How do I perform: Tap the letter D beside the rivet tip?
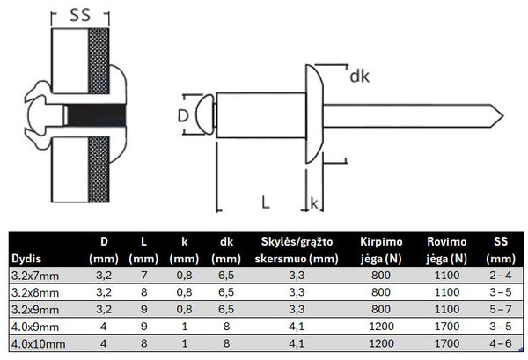[x=182, y=115]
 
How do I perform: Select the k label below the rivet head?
[x=316, y=203]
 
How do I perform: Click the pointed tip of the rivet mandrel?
[x=502, y=114]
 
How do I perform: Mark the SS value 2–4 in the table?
[x=502, y=276]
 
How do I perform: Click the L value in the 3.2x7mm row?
[x=143, y=276]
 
